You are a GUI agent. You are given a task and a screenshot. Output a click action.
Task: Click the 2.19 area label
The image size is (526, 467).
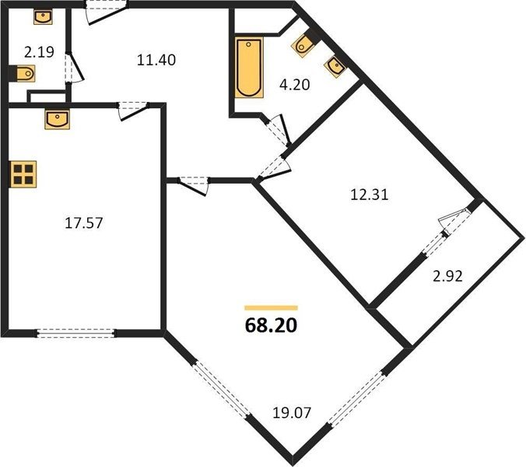[39, 52]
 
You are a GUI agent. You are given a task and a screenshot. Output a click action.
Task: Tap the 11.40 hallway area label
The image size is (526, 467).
[156, 60]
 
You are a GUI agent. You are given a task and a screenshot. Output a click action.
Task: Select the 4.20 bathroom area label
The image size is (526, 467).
[295, 85]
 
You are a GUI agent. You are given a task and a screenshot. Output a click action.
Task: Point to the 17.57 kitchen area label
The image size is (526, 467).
[83, 223]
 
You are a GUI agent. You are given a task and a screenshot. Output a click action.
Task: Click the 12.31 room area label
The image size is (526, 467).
[369, 195]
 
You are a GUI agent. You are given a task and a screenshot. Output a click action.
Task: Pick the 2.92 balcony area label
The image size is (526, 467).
[447, 276]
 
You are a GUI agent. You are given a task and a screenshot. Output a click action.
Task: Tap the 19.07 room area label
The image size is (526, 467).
[292, 413]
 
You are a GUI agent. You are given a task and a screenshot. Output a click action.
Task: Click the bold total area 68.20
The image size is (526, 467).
[271, 325]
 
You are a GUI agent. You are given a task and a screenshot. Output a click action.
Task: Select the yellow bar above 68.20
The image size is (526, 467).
[271, 308]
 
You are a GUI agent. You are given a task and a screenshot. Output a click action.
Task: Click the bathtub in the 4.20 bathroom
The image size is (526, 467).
[249, 68]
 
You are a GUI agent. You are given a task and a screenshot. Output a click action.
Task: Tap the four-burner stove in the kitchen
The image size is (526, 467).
[23, 174]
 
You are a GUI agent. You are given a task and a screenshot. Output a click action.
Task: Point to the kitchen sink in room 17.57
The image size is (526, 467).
[58, 119]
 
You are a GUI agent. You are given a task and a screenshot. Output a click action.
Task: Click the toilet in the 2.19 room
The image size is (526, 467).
[24, 73]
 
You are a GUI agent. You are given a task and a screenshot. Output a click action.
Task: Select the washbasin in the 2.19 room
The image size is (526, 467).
[43, 17]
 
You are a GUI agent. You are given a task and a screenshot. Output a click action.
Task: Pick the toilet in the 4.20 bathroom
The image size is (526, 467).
[303, 45]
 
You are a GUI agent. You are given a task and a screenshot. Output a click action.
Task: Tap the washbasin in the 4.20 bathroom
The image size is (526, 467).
[335, 67]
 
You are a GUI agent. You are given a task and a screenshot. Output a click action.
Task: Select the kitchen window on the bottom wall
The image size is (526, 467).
[75, 333]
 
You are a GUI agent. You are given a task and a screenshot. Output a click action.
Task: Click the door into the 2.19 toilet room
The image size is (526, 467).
[73, 68]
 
